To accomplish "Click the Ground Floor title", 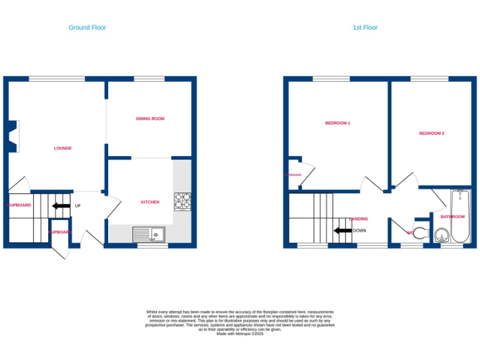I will (x=87, y=27).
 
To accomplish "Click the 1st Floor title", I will (x=365, y=27).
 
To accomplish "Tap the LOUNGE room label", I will (x=62, y=148).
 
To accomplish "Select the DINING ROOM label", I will (x=150, y=118).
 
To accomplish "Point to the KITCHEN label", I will (x=150, y=202).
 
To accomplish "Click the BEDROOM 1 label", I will (x=337, y=123).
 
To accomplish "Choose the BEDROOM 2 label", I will (x=431, y=133).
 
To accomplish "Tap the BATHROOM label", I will (x=452, y=217).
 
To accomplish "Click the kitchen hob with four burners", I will (x=182, y=201).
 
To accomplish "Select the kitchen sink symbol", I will (x=149, y=234).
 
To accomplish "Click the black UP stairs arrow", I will (x=61, y=206).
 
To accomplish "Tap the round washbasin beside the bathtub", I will (x=442, y=236).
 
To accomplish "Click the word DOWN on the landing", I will (x=359, y=231).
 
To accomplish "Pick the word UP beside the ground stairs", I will (x=77, y=206).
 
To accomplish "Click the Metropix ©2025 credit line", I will (x=240, y=334).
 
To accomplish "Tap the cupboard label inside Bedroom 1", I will (x=293, y=175).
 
